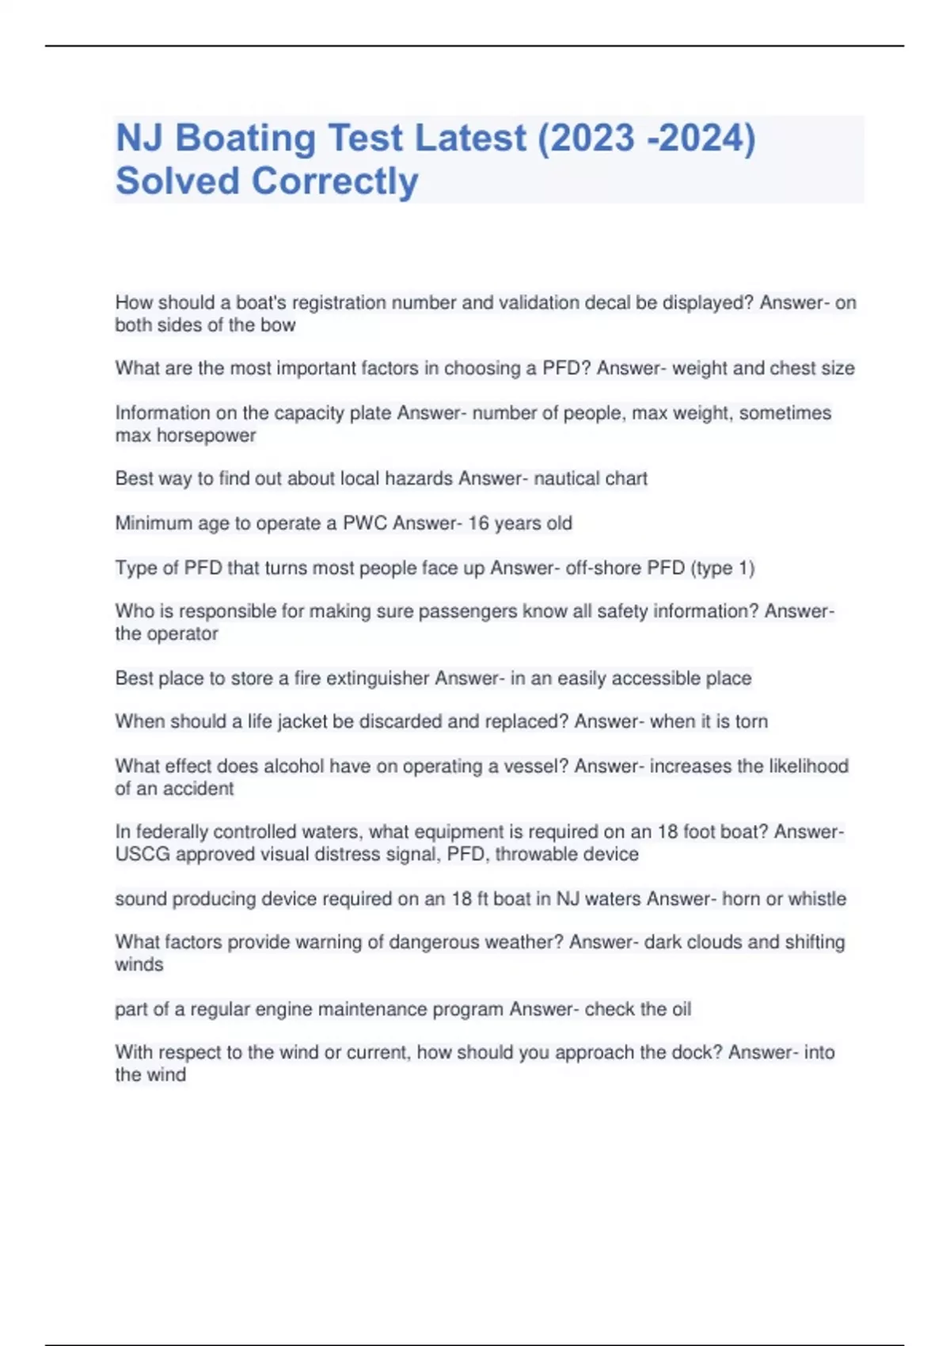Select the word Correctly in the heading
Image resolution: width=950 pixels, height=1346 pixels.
click(x=334, y=182)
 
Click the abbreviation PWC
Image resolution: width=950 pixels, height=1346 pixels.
click(x=365, y=523)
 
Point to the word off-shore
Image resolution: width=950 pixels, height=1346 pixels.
click(x=603, y=568)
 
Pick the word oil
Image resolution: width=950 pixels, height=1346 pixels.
click(x=682, y=1009)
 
